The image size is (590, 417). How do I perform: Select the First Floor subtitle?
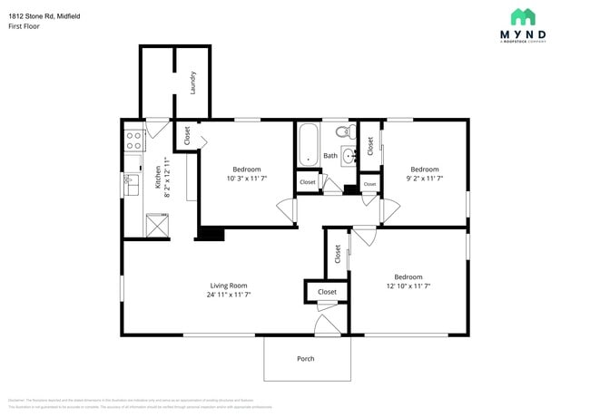pyautogui.click(x=24, y=26)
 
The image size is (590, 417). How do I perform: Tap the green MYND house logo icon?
pyautogui.click(x=523, y=16)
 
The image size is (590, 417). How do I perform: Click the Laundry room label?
pyautogui.click(x=192, y=82)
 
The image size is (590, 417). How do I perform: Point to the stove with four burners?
pyautogui.click(x=133, y=140)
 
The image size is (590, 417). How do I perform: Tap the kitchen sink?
pyautogui.click(x=130, y=180)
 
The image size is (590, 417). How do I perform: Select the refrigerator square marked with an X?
pyautogui.click(x=158, y=222)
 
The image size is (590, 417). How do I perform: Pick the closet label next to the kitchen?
pyautogui.click(x=188, y=136)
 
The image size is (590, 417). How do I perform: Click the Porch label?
pyautogui.click(x=306, y=359)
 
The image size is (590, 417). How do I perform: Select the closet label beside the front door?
pyautogui.click(x=327, y=292)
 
